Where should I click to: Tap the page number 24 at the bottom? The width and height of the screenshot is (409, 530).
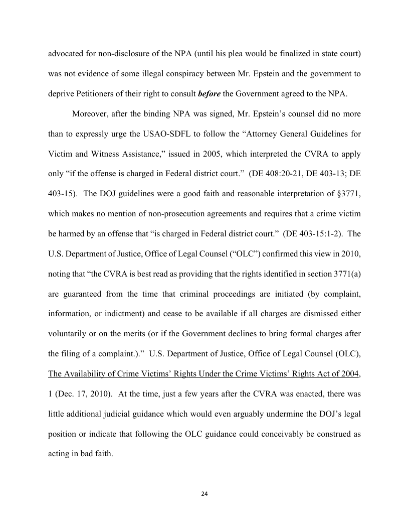(204, 494)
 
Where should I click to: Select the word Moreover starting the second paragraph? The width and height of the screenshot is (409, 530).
(90, 113)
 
